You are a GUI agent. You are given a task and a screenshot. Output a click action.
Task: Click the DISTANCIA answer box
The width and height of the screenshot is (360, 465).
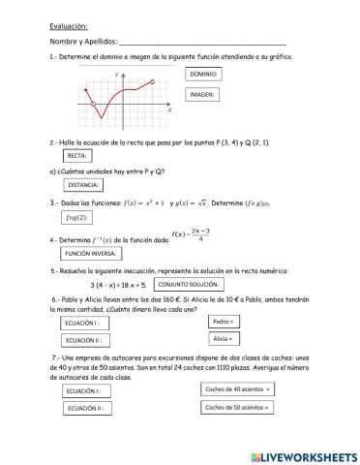coord(86,184)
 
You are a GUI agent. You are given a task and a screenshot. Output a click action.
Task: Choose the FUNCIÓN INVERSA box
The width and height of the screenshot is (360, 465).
coord(91,253)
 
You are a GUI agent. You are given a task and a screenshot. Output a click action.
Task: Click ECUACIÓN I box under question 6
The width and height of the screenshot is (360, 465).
coord(91,323)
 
